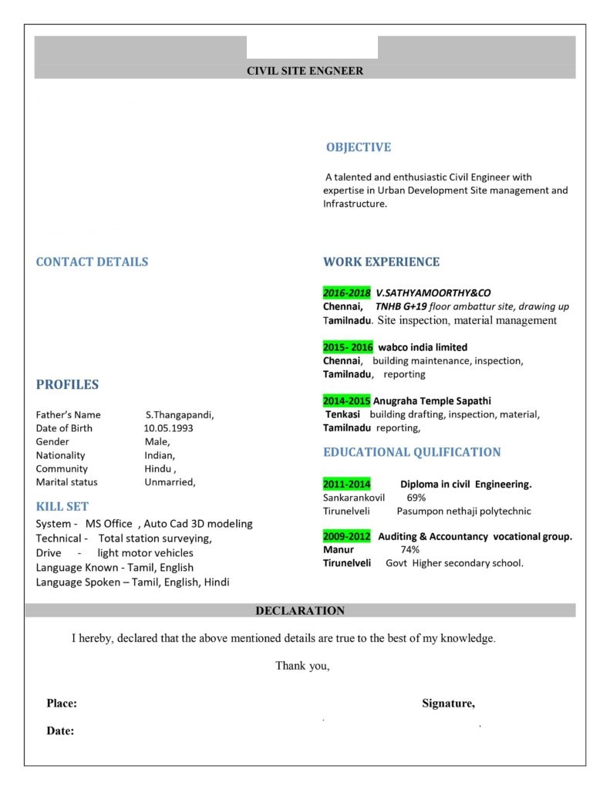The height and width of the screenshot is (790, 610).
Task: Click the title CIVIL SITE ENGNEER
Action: pyautogui.click(x=305, y=71)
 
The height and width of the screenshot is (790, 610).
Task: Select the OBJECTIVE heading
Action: pyautogui.click(x=358, y=147)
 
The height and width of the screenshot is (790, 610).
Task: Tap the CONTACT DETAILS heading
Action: pyautogui.click(x=92, y=262)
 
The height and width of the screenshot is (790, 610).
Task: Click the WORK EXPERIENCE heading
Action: pyautogui.click(x=381, y=262)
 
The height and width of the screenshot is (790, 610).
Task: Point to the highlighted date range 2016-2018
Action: pyautogui.click(x=347, y=293)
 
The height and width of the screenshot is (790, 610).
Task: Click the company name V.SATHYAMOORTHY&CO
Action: pyautogui.click(x=433, y=293)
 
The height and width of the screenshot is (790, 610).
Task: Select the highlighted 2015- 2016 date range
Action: pyautogui.click(x=348, y=347)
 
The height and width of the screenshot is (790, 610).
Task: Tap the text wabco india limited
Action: pyautogui.click(x=423, y=347)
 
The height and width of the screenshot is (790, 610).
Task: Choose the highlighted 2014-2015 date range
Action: pyautogui.click(x=347, y=401)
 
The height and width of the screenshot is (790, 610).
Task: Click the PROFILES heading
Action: pyautogui.click(x=67, y=384)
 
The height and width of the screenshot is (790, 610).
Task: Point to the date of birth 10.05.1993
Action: pyautogui.click(x=168, y=428)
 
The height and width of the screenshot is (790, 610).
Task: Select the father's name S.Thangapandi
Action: pyautogui.click(x=179, y=414)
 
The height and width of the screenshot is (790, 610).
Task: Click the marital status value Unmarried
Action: pyautogui.click(x=170, y=482)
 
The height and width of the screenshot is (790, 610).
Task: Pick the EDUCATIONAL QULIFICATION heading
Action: pyautogui.click(x=412, y=452)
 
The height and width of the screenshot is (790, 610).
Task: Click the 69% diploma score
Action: pyautogui.click(x=416, y=498)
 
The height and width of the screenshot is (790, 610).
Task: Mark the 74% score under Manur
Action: pyautogui.click(x=409, y=549)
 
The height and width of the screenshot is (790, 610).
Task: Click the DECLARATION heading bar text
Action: pyautogui.click(x=300, y=611)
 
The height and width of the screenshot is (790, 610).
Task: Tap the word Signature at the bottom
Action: pyautogui.click(x=448, y=703)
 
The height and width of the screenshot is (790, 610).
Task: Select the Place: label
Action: pyautogui.click(x=62, y=703)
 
